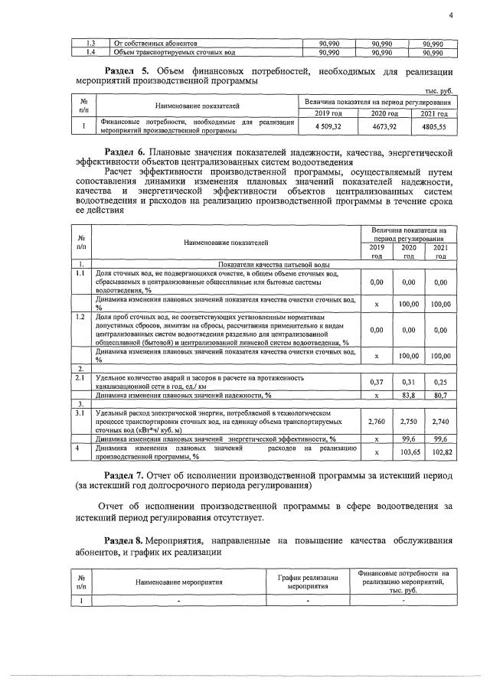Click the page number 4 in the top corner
pyautogui.click(x=451, y=15)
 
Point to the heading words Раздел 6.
pyautogui.click(x=125, y=152)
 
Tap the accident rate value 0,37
pyautogui.click(x=376, y=382)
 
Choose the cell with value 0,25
pyautogui.click(x=439, y=382)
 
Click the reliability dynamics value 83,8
pyautogui.click(x=409, y=395)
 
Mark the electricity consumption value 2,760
pyautogui.click(x=376, y=421)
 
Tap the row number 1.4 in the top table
pyautogui.click(x=89, y=52)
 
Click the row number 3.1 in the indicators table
pyautogui.click(x=80, y=412)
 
